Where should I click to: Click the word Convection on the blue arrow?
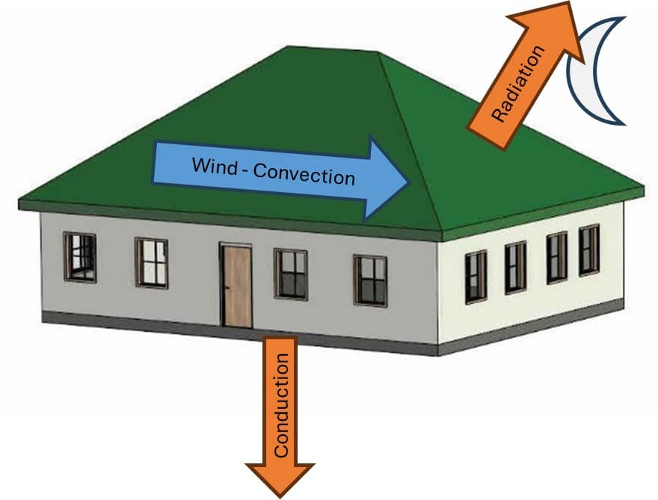(304, 175)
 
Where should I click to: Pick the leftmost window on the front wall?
(80, 256)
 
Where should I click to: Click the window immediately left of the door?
(152, 262)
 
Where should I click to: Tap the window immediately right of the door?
(291, 274)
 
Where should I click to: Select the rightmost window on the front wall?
(370, 280)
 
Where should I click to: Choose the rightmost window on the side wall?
(589, 250)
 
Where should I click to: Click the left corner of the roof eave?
(20, 203)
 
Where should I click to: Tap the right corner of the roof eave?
(643, 190)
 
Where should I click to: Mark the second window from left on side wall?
(516, 267)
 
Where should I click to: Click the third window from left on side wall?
(556, 257)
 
